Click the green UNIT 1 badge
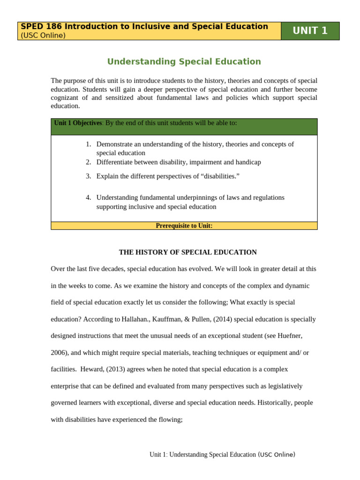click(310, 31)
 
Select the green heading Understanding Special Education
click(184, 61)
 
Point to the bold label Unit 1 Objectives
click(78, 123)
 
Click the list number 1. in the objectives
click(89, 144)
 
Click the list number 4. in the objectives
click(89, 198)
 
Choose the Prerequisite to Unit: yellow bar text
click(184, 226)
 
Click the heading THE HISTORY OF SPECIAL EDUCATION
click(187, 252)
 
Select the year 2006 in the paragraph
click(59, 353)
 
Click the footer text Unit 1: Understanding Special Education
click(202, 455)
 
